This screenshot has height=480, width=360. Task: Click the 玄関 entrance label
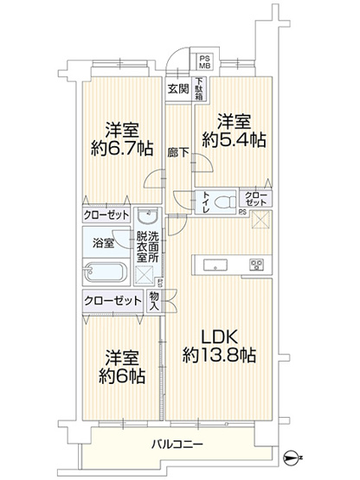(178, 88)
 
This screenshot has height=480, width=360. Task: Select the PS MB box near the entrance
(205, 58)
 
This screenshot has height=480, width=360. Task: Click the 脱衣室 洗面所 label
(146, 249)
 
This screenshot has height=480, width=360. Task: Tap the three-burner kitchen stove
(256, 264)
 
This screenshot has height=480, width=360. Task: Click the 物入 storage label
(155, 300)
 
